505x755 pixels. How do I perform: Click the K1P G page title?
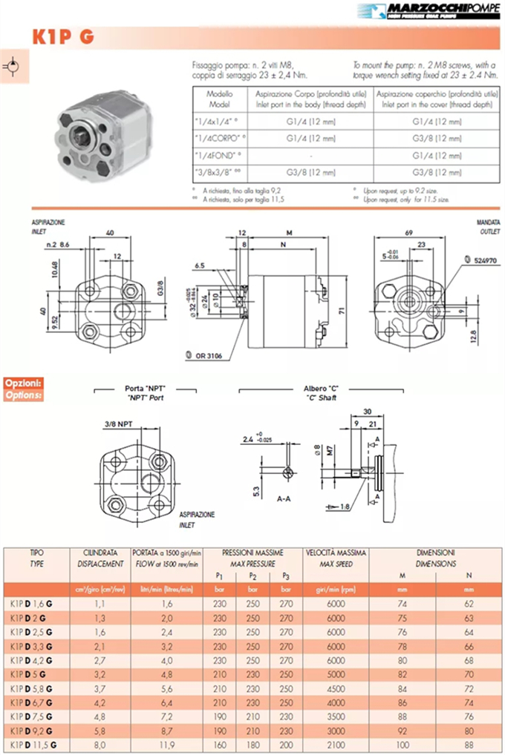62,37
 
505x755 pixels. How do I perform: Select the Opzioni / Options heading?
23,389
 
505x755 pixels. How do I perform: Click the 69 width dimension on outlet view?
409,233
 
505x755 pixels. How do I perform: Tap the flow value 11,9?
167,743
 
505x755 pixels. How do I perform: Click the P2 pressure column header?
253,576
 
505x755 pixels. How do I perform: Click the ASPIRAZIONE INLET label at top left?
49,226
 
